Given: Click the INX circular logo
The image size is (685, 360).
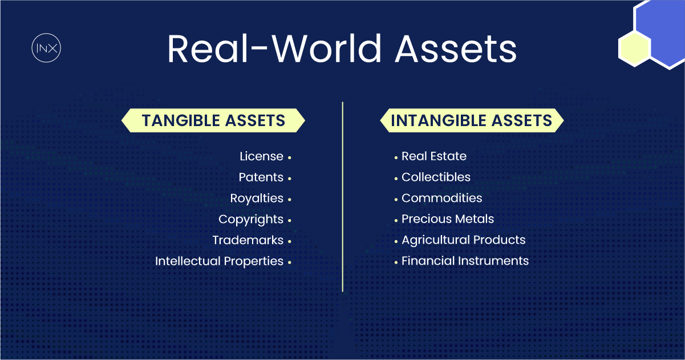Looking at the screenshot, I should pos(46,48).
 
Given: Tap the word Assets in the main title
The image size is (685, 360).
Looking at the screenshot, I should pos(456,49).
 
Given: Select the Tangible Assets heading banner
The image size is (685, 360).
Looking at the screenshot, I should pos(213,120).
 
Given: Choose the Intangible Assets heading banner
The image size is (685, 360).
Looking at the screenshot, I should pos(472,120).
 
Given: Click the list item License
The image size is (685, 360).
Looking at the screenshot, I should pos(261,156).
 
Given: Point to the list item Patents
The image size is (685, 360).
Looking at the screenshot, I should pos(261,177).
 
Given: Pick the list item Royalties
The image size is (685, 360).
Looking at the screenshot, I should pos(257,199).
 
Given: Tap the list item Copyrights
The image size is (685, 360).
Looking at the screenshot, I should pos(251,219).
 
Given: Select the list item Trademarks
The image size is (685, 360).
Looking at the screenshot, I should pos(248,240).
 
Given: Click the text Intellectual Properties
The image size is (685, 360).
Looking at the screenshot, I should pos(219,261).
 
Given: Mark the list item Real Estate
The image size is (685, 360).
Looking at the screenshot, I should pos(434,156).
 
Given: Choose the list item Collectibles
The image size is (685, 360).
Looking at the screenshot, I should pos(436,177).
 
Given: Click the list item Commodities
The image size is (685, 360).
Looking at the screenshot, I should pos(442,199).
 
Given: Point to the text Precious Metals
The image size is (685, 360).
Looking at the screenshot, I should pos(448,219).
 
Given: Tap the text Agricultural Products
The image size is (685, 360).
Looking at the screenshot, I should pos(463,240).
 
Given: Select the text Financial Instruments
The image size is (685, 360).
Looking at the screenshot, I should pos(465,261).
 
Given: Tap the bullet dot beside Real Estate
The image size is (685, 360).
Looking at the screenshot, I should pos(396,157).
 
